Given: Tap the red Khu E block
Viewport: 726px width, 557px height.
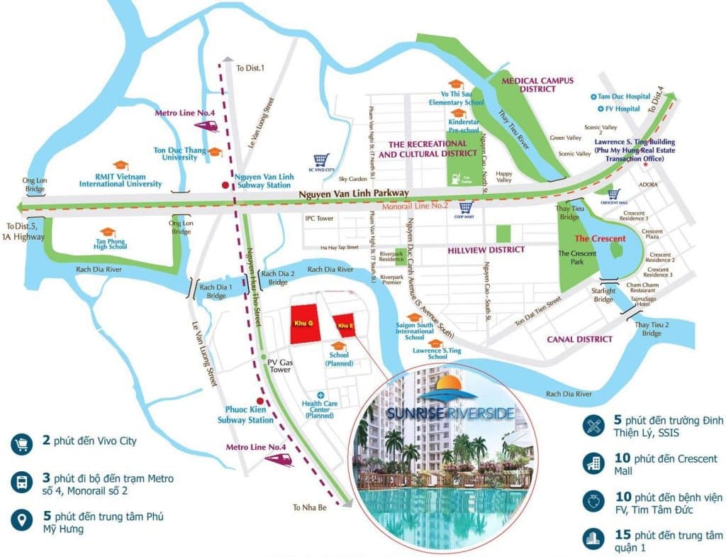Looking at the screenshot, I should pos(345,325).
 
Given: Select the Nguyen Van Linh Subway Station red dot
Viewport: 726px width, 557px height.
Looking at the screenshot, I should pos(225,185).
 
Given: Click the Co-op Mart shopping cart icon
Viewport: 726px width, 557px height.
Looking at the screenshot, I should pos(466,208).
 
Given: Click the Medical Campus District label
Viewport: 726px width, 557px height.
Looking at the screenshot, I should pos(537,85).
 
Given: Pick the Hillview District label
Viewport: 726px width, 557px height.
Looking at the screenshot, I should pos(486,250).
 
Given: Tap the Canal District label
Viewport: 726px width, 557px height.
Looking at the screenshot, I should pos(579,339).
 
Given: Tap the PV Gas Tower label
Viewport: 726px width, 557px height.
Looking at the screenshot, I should pos(279,365).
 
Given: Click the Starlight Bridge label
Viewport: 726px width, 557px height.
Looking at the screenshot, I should pos(604,294).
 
